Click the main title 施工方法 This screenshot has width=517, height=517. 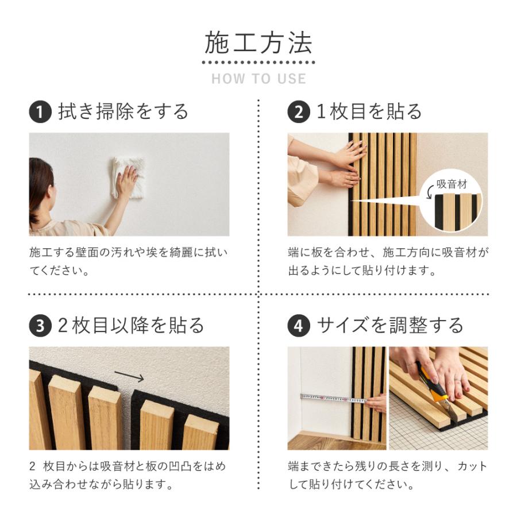coord(258,44)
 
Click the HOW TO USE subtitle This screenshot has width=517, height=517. coord(258,79)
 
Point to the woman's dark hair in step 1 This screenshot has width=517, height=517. coord(39,184)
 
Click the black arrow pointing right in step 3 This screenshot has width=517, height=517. coord(129,376)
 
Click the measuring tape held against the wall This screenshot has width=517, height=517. coord(327,398)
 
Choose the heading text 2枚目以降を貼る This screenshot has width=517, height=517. coord(131,326)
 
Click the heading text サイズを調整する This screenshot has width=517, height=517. coord(390,326)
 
